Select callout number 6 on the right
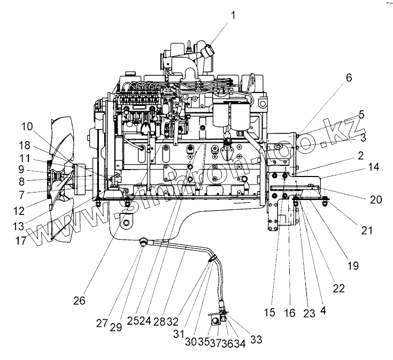tap(349, 78)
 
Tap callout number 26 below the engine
tap(79, 301)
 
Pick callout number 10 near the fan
tap(27, 127)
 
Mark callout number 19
tap(352, 264)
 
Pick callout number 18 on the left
tap(25, 145)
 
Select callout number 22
tap(338, 288)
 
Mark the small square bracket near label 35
tap(216, 321)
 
